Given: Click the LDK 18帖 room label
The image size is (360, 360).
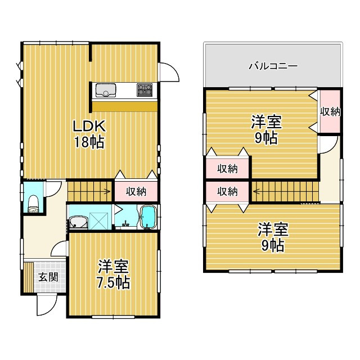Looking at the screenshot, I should pyautogui.click(x=88, y=133).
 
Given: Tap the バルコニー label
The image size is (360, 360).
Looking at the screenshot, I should pyautogui.click(x=273, y=66).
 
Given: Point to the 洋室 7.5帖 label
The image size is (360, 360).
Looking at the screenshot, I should pyautogui.click(x=113, y=274).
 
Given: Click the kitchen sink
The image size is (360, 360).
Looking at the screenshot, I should pyautogui.click(x=106, y=90).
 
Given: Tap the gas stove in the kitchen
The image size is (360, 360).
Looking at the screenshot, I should pyautogui.click(x=145, y=88).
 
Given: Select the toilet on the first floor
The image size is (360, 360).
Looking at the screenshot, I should pyautogui.click(x=33, y=204).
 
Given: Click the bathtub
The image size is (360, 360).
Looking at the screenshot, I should pyautogui.click(x=148, y=218).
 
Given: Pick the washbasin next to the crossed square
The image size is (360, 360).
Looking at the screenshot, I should pyautogui.click(x=78, y=222).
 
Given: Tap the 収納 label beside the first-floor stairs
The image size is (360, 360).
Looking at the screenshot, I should pyautogui.click(x=136, y=191).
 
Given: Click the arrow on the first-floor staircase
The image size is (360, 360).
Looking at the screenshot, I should pyautogui.click(x=105, y=192).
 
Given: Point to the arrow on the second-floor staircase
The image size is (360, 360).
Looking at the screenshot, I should pyautogui.click(x=256, y=191).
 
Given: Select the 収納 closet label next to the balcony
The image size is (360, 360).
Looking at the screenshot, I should pyautogui.click(x=330, y=111).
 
